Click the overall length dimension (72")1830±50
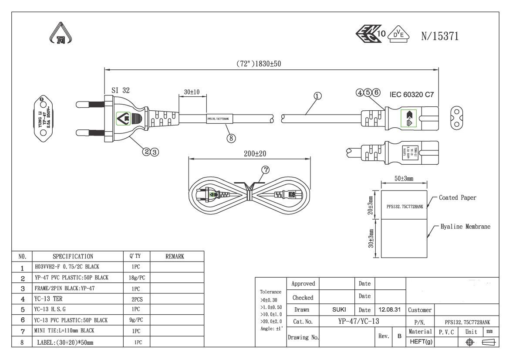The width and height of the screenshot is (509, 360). (259, 63)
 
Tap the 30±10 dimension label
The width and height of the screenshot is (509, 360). (192, 92)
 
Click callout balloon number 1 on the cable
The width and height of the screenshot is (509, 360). (318, 96)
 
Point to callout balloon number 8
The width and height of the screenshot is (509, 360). (231, 138)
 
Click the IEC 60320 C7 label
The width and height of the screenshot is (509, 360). (412, 94)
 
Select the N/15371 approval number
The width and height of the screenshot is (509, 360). (440, 37)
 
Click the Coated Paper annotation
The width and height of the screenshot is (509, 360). (457, 198)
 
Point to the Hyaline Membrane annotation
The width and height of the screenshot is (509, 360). (465, 227)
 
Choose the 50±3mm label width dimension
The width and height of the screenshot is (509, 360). (404, 179)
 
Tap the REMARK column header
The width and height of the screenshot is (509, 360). (175, 257)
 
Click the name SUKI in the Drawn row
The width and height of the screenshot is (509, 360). (339, 310)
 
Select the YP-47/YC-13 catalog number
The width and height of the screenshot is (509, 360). (358, 322)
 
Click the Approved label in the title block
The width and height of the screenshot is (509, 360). (303, 284)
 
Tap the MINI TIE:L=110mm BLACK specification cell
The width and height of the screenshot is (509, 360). (64, 331)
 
